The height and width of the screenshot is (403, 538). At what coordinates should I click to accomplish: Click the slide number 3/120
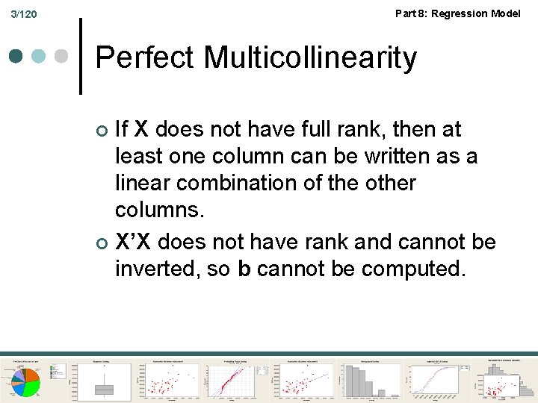tap(25, 15)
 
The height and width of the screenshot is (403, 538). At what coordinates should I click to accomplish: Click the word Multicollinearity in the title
tap(310, 57)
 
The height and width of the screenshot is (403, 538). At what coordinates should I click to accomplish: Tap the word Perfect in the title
tap(145, 57)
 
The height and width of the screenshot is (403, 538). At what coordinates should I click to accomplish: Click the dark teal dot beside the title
tap(16, 57)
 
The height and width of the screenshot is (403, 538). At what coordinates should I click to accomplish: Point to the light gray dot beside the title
tap(63, 57)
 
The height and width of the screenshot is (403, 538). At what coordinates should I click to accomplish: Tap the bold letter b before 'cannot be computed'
tap(244, 269)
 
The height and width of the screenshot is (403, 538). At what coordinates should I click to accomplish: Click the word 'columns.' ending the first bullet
tap(159, 210)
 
